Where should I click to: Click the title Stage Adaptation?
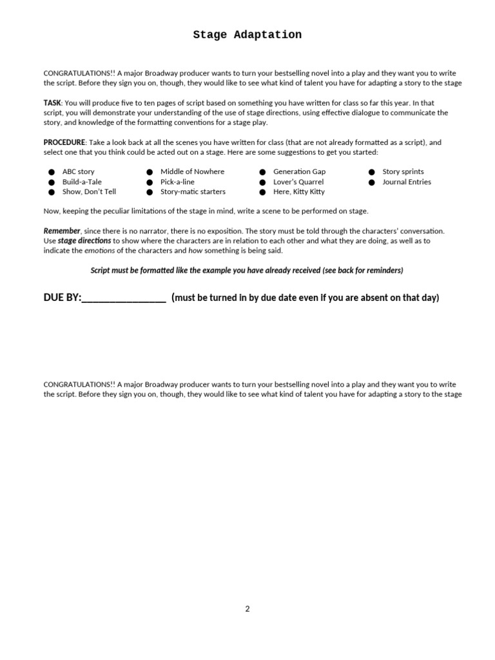247,35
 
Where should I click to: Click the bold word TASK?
52,102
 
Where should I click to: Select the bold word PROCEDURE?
64,142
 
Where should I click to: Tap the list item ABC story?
78,172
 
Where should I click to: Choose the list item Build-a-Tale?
82,182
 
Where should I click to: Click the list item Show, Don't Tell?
89,192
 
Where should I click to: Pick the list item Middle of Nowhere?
192,172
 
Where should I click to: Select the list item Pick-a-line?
177,182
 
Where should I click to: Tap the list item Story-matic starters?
193,192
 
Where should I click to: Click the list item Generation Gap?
299,172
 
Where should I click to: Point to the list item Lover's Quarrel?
298,182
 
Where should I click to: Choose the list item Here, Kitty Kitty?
298,192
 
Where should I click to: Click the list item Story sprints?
403,172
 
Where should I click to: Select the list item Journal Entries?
407,182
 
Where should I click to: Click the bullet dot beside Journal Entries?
372,182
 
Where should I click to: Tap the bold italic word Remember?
62,231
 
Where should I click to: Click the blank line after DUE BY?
124,298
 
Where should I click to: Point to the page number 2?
247,608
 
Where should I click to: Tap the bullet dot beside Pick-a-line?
149,182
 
